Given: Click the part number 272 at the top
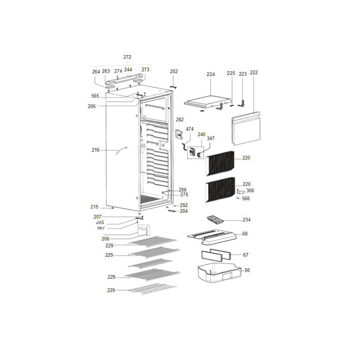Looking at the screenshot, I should [127, 57].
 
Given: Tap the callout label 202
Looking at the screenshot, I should [174, 72].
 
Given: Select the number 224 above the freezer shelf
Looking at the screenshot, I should [211, 75].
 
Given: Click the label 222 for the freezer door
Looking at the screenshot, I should [254, 73].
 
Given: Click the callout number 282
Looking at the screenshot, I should [180, 120].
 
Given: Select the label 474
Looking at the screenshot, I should [190, 129].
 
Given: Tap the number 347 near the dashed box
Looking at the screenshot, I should [210, 139].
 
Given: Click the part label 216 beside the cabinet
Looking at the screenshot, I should [95, 150].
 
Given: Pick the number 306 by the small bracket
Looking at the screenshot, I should [250, 191].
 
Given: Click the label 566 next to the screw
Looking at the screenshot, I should [246, 199].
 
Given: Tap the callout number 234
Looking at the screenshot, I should [247, 220].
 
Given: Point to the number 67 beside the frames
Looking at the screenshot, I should [246, 255].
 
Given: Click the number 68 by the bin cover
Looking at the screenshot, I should [245, 234].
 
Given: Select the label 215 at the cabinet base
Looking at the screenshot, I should [94, 207].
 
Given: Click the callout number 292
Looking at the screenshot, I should [184, 206].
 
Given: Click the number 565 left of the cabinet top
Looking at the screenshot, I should [95, 96].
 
